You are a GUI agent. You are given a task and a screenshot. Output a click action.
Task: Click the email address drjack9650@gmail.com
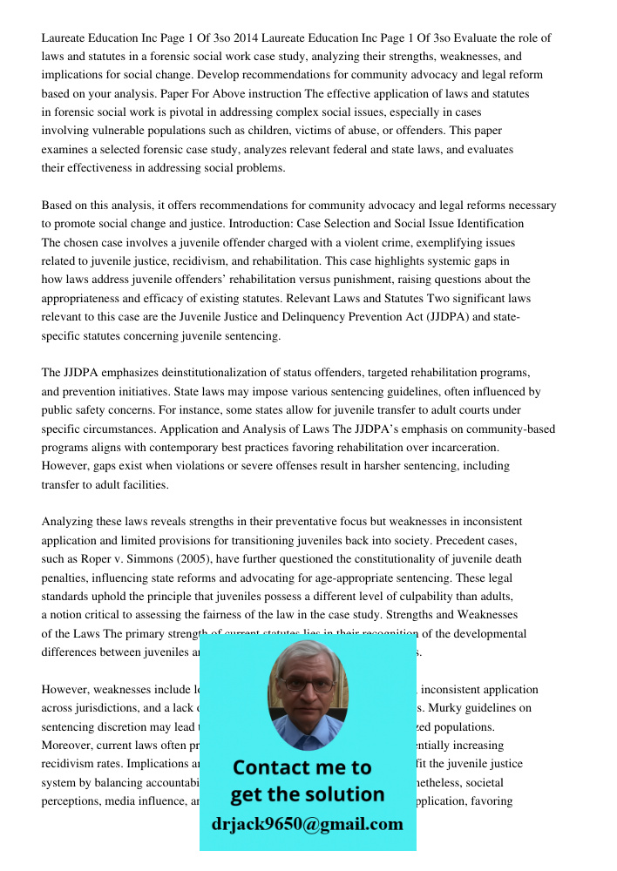307,824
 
